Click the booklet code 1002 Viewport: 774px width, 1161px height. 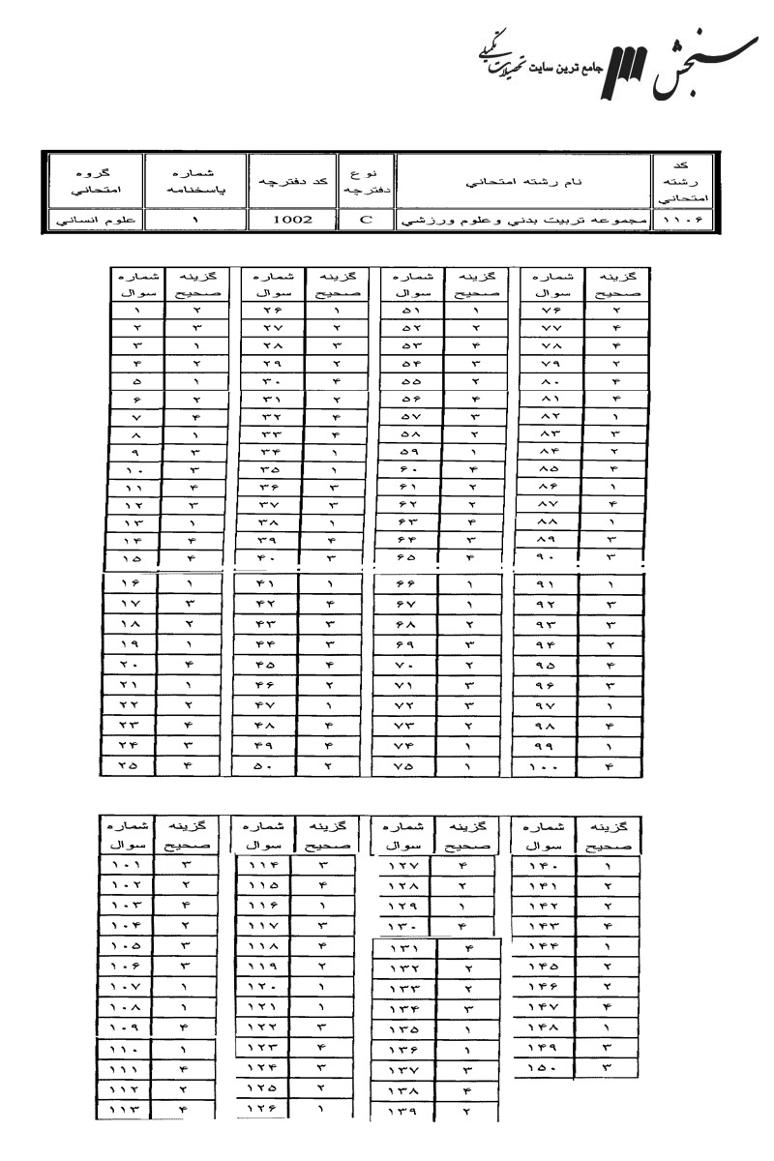(291, 221)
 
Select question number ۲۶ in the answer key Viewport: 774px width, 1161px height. (270, 312)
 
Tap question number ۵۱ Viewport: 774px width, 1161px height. (410, 312)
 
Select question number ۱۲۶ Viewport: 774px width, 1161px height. (266, 1115)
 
